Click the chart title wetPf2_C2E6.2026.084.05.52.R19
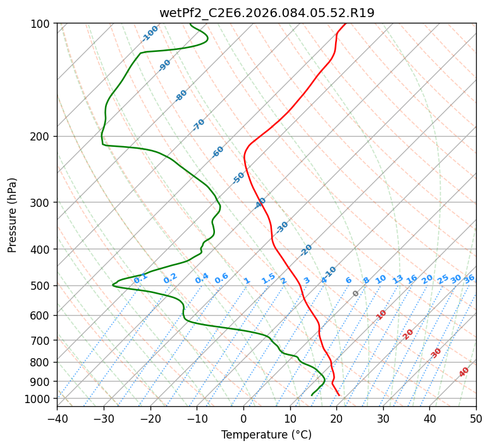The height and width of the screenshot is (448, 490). tap(266, 13)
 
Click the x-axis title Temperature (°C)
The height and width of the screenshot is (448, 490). tap(266, 435)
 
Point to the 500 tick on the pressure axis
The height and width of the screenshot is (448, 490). tap(42, 286)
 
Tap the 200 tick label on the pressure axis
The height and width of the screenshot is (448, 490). tap(42, 137)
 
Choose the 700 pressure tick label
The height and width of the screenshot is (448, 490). tap(42, 340)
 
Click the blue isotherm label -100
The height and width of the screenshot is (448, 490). tap(150, 34)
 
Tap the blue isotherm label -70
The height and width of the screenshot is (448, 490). tap(199, 125)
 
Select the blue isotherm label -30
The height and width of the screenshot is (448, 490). tap(282, 227)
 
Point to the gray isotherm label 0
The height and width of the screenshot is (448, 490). tap(355, 294)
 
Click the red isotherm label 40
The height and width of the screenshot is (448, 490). tap(464, 372)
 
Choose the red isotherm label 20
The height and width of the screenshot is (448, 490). tap(408, 333)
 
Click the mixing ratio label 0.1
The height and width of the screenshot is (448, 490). tap(140, 277)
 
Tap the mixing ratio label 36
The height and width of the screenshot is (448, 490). tap(469, 279)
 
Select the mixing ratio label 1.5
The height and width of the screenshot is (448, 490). tap(268, 278)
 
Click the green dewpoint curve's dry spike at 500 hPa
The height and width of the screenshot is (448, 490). tap(113, 285)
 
